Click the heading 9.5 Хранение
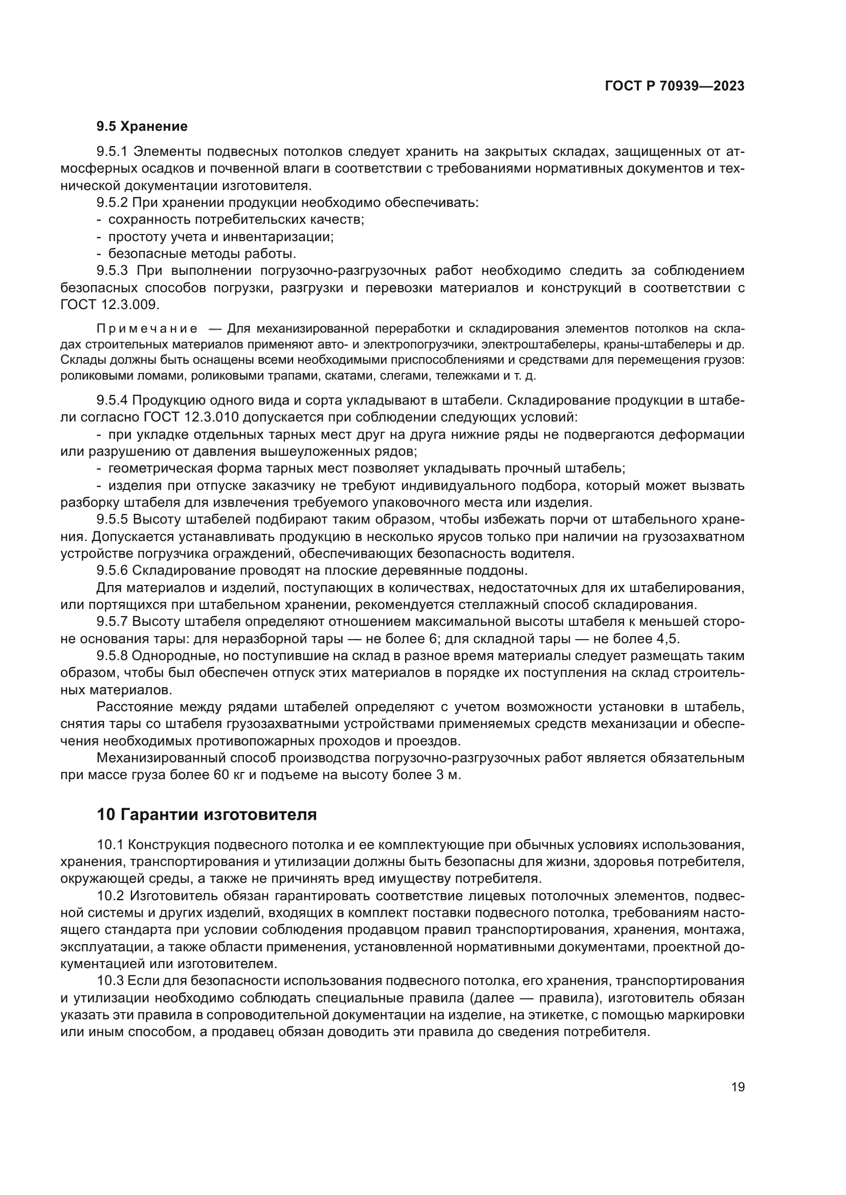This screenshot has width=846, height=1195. click(142, 127)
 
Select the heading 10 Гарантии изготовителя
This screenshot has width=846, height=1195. click(206, 814)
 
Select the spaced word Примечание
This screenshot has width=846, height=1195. click(147, 329)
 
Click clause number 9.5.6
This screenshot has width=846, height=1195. click(112, 571)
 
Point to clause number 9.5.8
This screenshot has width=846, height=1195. click(112, 656)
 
